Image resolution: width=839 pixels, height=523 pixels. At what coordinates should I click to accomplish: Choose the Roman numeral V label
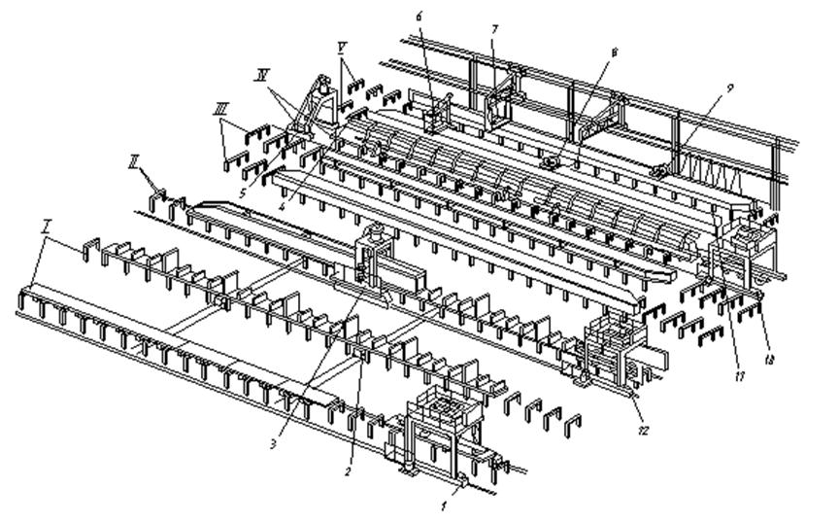point(343,46)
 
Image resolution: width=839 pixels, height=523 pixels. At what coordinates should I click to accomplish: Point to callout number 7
point(493,29)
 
